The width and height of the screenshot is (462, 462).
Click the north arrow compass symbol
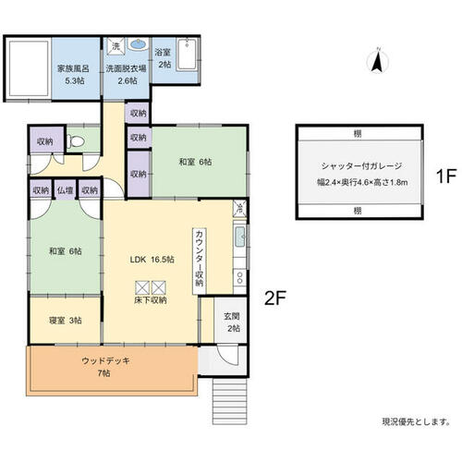click(378, 60)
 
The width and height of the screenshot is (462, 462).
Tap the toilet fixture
click(76, 142)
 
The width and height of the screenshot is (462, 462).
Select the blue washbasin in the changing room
click(138, 44)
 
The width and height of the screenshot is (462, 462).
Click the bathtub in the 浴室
click(187, 55)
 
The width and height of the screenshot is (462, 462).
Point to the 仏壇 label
click(66, 190)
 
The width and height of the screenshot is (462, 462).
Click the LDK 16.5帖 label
click(152, 260)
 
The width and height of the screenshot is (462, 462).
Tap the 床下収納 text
click(151, 300)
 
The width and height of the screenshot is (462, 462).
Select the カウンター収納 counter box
click(200, 261)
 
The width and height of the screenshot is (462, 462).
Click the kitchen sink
click(240, 237)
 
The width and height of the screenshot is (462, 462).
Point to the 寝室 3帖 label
click(66, 321)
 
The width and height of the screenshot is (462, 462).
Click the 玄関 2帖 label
click(232, 322)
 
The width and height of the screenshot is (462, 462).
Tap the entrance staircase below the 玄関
click(230, 401)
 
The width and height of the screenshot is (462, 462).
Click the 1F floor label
click(445, 176)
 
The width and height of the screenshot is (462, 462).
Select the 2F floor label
click(275, 298)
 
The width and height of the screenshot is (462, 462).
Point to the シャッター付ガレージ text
click(361, 166)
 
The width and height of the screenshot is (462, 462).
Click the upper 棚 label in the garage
click(358, 134)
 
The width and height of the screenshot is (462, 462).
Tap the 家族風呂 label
click(73, 68)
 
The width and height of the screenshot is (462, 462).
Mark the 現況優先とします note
click(416, 421)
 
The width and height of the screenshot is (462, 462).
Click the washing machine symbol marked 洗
click(115, 46)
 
